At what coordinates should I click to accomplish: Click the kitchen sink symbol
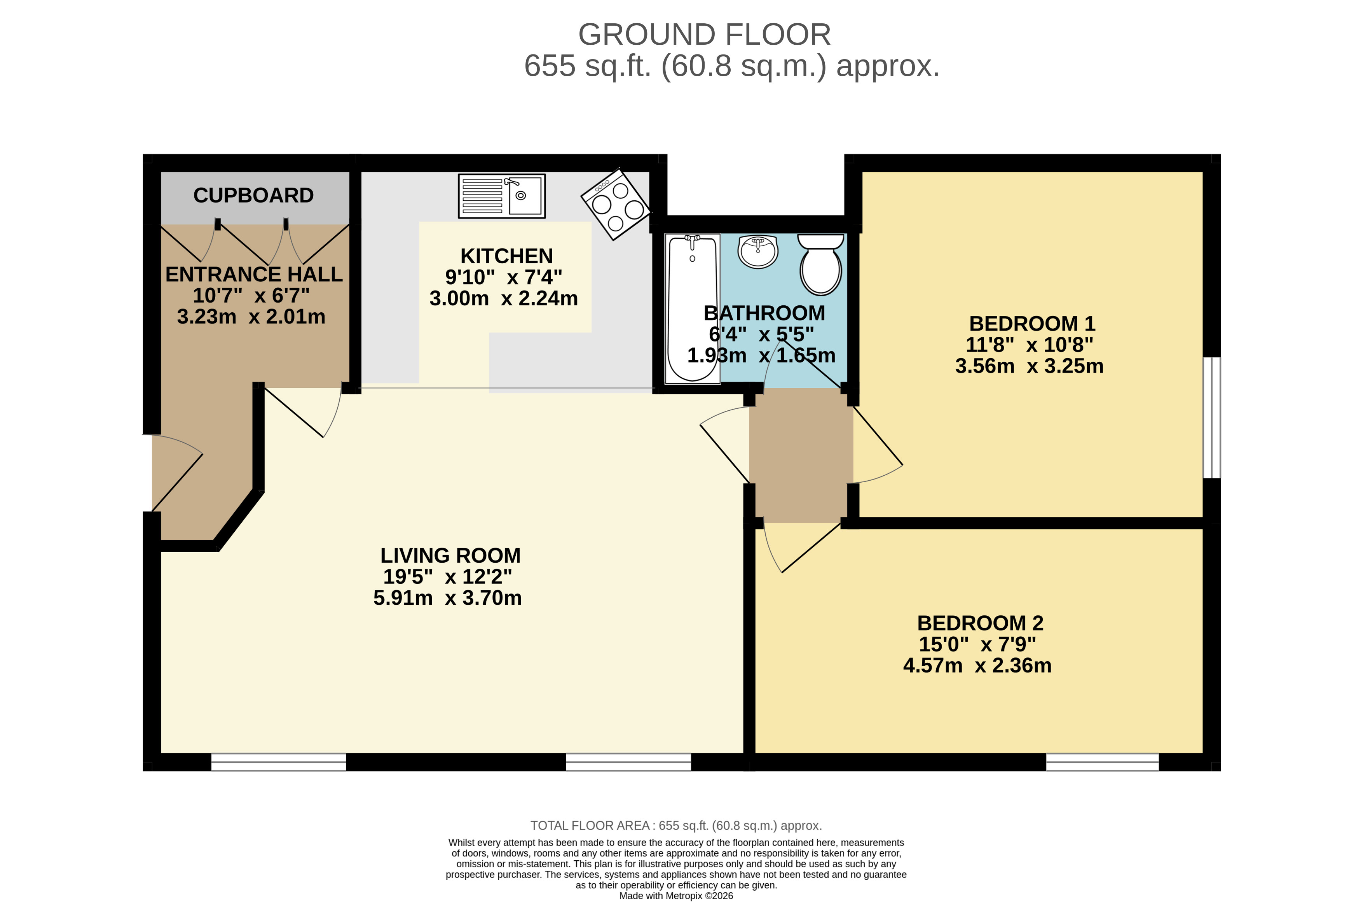pos(501,196)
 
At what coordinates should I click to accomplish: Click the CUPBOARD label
pos(253,195)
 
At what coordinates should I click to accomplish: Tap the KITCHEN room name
pos(506,256)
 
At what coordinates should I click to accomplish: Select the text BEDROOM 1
pos(1031,324)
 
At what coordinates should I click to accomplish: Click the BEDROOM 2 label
pos(980,623)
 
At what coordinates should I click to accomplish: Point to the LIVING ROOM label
pos(450,555)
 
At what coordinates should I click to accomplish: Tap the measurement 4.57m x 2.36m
pos(977,666)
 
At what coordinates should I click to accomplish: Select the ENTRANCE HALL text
pos(253,275)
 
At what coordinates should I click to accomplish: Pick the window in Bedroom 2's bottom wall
pos(1102,762)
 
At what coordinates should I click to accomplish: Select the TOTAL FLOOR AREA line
pos(676,825)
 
